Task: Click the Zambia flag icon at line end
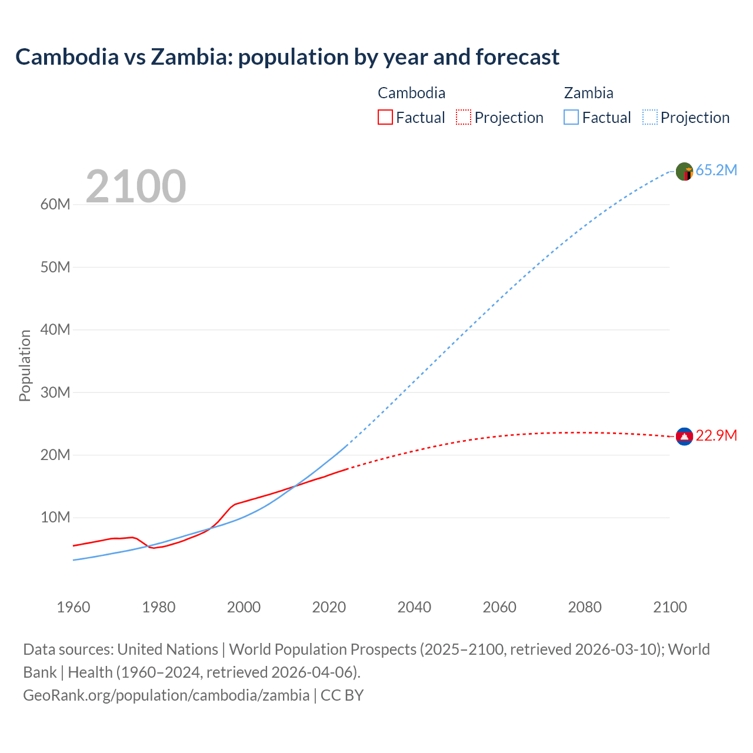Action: (684, 171)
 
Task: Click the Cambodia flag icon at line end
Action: (684, 437)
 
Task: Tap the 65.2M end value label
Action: (716, 171)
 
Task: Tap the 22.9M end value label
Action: (716, 436)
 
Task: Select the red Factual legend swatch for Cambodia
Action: (385, 118)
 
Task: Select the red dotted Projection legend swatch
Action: (464, 118)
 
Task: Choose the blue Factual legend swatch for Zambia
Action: (571, 118)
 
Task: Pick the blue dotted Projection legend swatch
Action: (650, 118)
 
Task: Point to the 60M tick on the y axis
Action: (55, 205)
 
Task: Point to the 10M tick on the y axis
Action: (55, 518)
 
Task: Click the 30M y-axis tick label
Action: (55, 392)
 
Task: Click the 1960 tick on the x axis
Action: (74, 607)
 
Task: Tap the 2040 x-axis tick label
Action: (414, 607)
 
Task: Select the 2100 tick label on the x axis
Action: (669, 607)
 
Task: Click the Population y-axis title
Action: (25, 365)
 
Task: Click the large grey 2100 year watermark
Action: (136, 186)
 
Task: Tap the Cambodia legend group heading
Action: (411, 93)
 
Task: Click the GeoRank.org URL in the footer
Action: (166, 695)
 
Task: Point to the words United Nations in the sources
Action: (168, 649)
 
